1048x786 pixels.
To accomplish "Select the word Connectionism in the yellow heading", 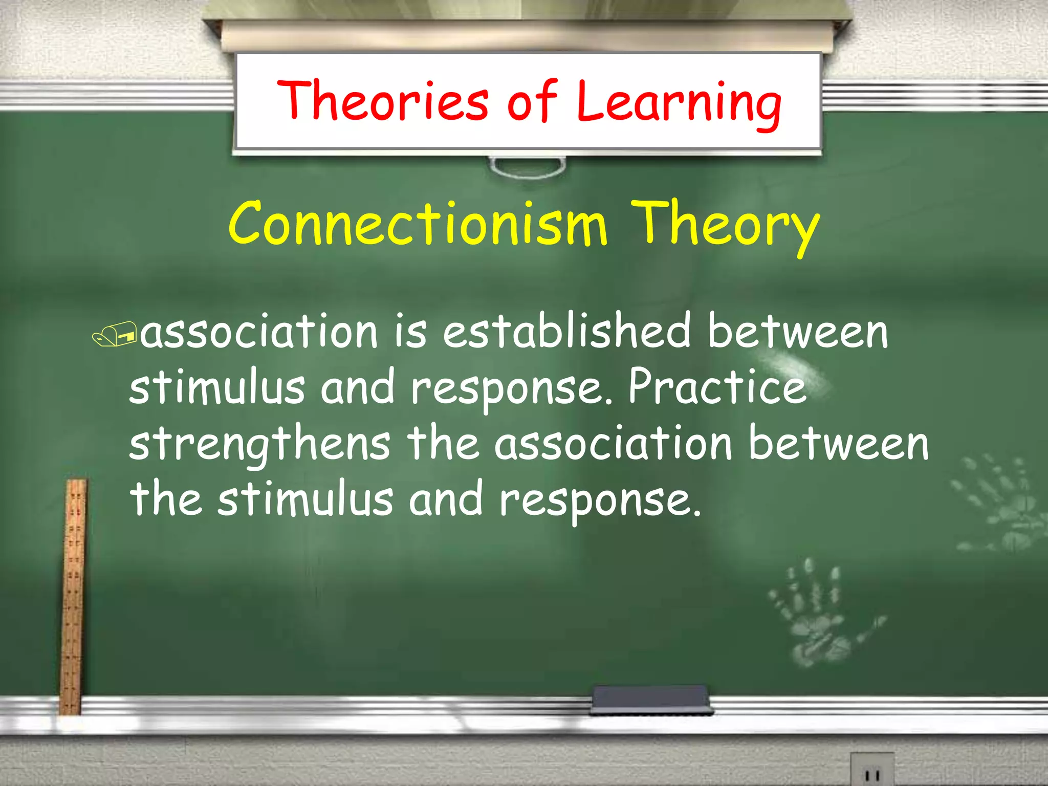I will [418, 224].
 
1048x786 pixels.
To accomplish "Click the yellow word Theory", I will [725, 225].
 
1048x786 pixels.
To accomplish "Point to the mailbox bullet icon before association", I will [115, 336].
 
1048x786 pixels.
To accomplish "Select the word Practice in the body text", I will [716, 387].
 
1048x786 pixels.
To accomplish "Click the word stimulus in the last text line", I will [305, 499].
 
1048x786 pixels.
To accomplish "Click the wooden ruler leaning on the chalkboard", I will [73, 594].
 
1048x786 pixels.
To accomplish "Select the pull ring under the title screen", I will [527, 168].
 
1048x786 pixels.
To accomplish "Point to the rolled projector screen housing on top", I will [527, 36].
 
